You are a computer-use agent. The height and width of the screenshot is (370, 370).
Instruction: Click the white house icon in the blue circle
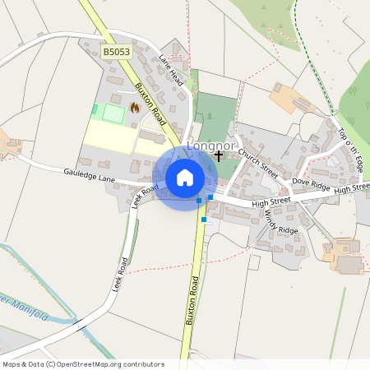(x=185, y=177)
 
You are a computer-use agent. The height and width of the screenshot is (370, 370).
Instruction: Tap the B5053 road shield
(x=116, y=52)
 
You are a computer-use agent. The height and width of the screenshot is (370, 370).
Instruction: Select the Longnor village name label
(x=206, y=146)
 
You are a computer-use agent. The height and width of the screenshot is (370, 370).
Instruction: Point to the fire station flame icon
(x=135, y=107)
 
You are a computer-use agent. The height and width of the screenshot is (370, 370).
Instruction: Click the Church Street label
(x=257, y=162)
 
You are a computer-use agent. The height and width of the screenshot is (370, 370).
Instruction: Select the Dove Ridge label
(x=310, y=185)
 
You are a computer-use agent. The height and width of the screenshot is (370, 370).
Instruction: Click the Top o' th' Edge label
(x=350, y=149)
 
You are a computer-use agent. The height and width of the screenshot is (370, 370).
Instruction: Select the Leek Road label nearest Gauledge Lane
(x=145, y=197)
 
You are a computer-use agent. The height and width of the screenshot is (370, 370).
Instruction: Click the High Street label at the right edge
(x=352, y=188)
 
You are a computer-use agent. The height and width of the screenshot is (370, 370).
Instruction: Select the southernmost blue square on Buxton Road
(x=204, y=220)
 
